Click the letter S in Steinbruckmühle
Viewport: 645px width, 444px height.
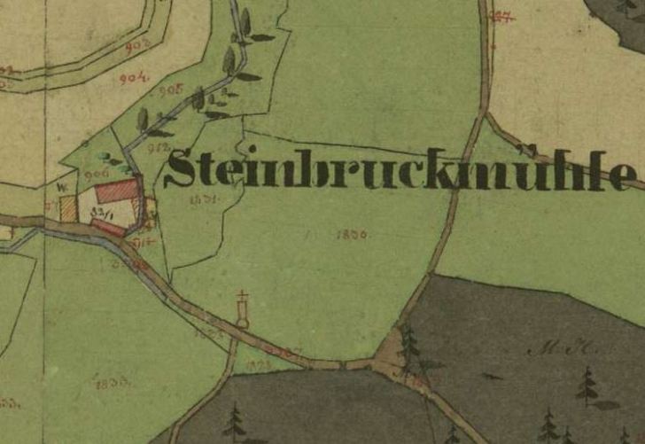pos(180,169)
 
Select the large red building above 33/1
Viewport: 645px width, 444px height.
pos(118,190)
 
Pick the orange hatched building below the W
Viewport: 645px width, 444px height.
pos(68,210)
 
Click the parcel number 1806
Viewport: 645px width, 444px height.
pos(352,235)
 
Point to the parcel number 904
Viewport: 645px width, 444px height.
pos(133,78)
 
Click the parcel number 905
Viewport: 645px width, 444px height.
pos(169,90)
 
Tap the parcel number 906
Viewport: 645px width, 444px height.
pos(97,173)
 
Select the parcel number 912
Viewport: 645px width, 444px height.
pos(159,146)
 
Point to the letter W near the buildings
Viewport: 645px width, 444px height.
pos(62,188)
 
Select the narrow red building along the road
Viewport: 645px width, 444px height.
pos(108,228)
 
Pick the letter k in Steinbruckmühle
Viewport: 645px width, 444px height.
pos(454,169)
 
